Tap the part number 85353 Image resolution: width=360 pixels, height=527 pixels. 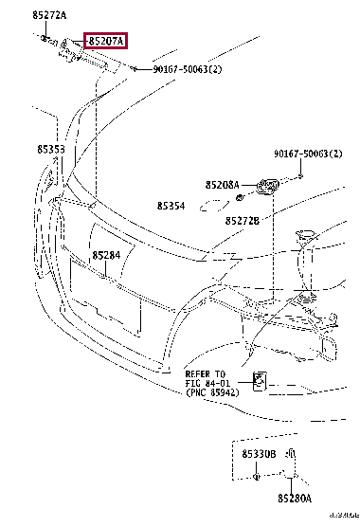point(51,150)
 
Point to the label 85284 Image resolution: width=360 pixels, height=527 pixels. point(105,255)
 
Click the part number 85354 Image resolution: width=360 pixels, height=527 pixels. point(171,205)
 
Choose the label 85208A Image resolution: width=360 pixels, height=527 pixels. point(222,185)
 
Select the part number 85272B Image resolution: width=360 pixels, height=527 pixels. point(243,220)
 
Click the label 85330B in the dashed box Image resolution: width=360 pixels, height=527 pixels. point(258,455)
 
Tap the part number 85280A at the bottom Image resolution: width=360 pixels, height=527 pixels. point(295,497)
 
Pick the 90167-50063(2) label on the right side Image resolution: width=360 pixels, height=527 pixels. point(308,154)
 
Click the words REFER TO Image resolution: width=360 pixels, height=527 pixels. point(206,373)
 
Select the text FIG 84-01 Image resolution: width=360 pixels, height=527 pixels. point(206,382)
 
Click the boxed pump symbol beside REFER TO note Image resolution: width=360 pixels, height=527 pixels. point(259,381)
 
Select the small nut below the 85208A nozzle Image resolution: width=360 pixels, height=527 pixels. point(241,197)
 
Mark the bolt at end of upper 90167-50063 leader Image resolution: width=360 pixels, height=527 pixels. point(135,69)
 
